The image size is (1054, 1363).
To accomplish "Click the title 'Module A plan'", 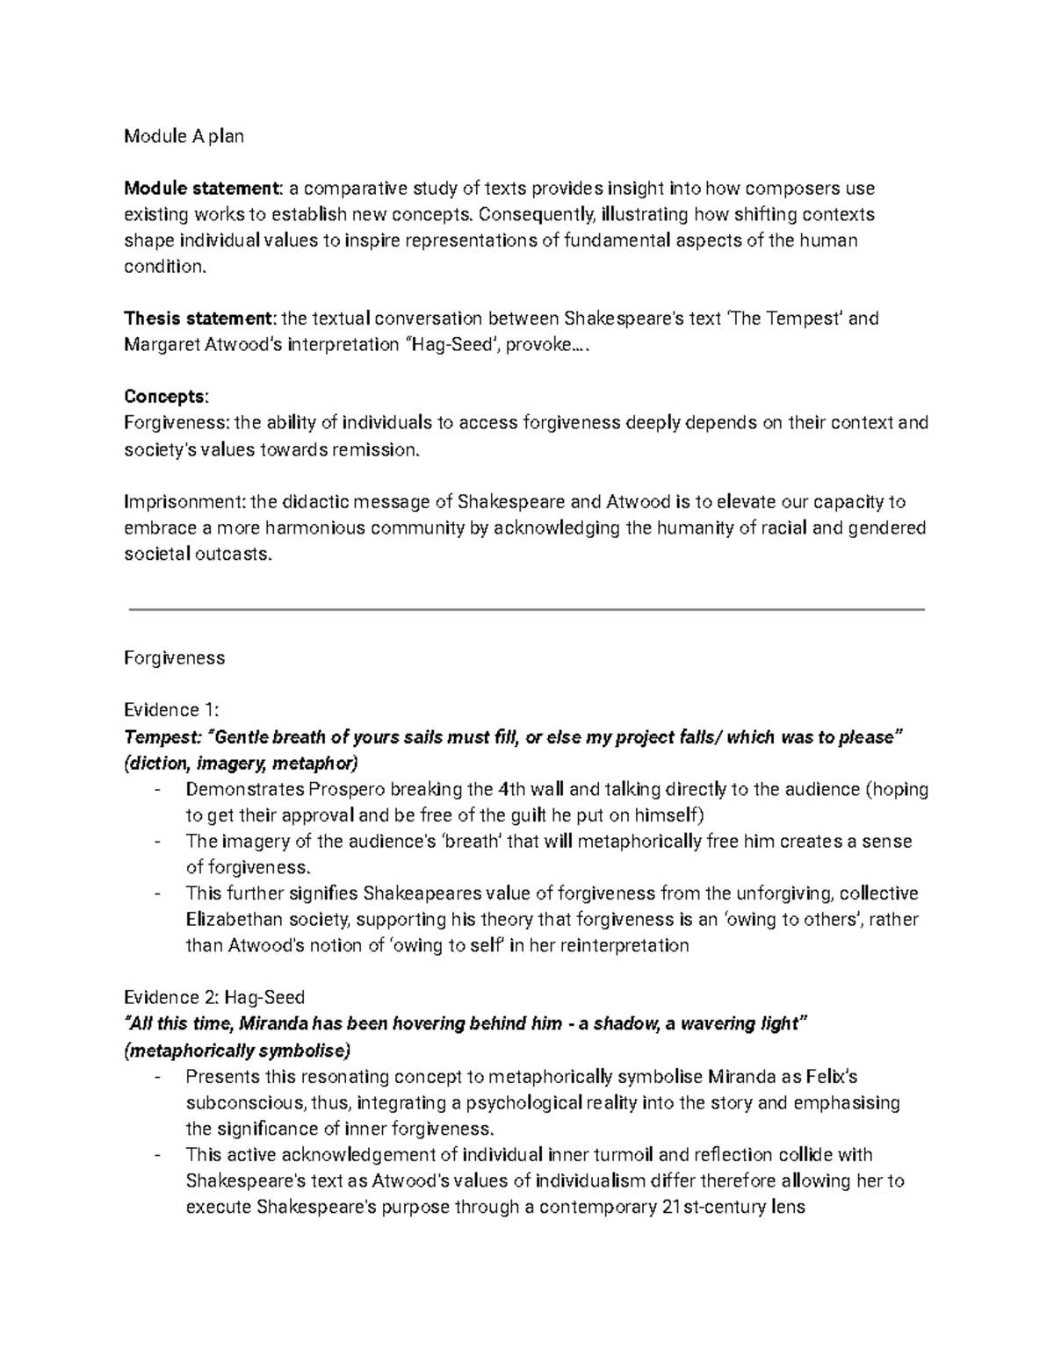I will click(184, 136).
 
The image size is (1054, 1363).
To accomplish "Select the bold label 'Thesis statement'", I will click(199, 319).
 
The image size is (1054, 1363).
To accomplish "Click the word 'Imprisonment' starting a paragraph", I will click(184, 502).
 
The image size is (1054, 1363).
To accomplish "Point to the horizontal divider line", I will click(527, 609).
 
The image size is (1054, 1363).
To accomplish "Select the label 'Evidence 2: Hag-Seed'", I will click(214, 998).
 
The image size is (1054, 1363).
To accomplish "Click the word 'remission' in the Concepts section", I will click(378, 450).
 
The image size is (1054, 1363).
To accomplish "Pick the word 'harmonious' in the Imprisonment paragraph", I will click(318, 528).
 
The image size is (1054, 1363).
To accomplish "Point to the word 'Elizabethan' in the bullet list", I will click(230, 920).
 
